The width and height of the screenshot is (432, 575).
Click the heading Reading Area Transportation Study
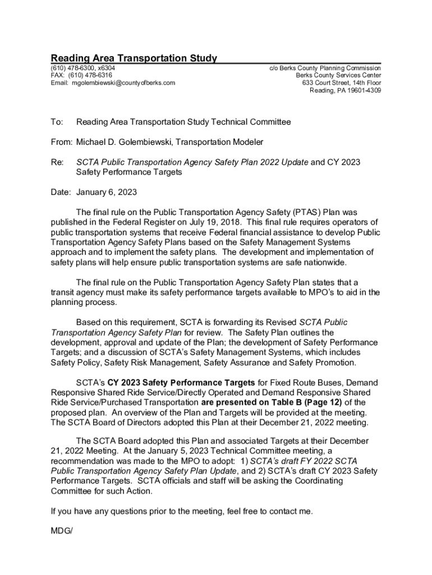tap(134, 58)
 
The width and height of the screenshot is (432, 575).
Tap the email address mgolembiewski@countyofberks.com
tap(123, 83)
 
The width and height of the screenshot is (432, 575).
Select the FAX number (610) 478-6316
tap(91, 75)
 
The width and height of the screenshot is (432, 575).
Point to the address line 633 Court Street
tap(327, 83)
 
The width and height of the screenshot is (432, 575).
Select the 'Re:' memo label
tap(57, 162)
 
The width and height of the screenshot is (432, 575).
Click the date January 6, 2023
tap(107, 192)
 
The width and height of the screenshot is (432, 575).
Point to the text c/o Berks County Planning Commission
tap(325, 67)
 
